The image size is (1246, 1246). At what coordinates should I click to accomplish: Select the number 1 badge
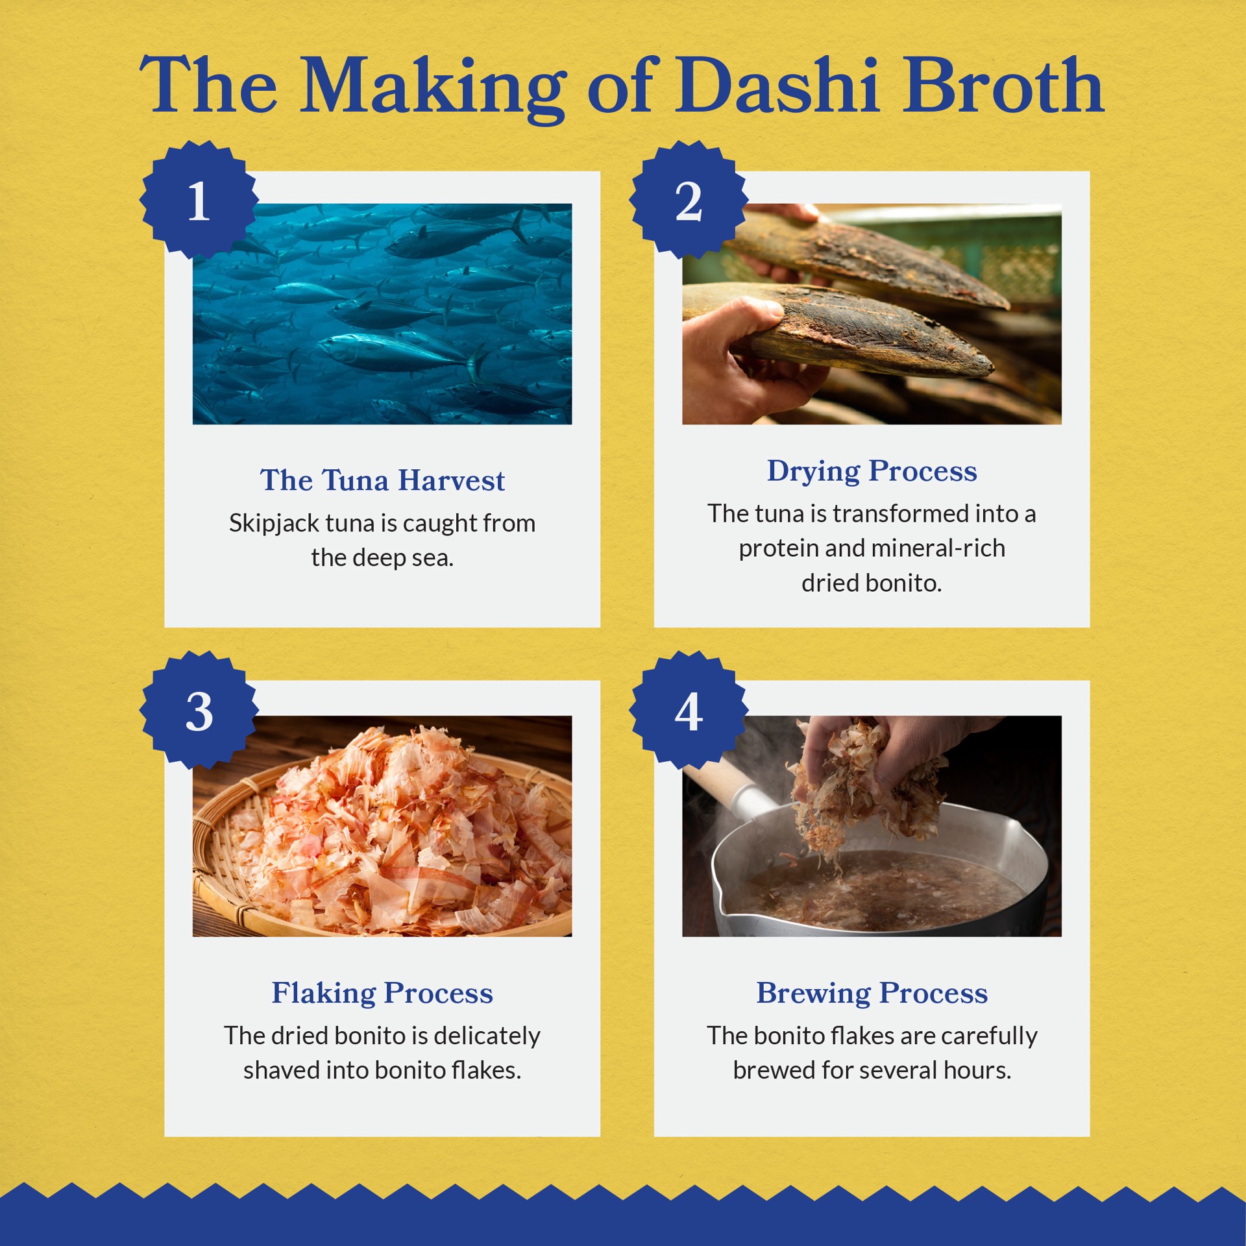click(x=199, y=200)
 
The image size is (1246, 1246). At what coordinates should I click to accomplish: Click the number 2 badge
click(x=689, y=200)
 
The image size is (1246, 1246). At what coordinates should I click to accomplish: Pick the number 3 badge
click(x=199, y=711)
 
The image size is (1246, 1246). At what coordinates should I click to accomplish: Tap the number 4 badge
click(x=689, y=711)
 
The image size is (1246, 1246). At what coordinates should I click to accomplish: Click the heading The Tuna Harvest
click(x=382, y=480)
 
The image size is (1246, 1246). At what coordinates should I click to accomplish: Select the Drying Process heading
click(x=872, y=471)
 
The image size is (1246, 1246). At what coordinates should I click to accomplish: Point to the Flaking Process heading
click(x=382, y=993)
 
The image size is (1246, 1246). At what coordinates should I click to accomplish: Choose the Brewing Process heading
click(x=872, y=993)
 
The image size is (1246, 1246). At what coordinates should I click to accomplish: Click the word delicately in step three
click(x=487, y=1036)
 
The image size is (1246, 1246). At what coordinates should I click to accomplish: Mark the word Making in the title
click(x=432, y=88)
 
